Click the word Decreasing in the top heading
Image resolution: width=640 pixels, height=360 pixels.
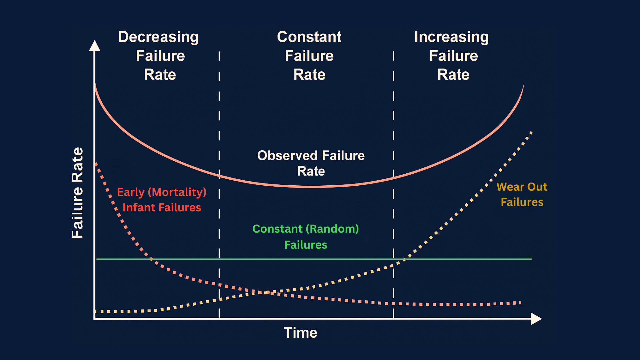158,37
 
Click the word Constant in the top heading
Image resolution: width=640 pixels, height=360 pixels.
309,37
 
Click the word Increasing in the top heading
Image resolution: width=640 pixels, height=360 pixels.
451,37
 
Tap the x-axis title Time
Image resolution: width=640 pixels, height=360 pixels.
300,333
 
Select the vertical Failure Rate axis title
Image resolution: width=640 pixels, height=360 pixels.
77,193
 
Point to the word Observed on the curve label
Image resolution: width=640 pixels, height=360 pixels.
287,156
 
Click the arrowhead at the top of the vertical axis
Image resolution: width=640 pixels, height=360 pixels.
95,46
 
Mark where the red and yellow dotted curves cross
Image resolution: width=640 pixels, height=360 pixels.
265,293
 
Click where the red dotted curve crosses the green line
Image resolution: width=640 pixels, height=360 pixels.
151,259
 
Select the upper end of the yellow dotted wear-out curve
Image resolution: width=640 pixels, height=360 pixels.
531,132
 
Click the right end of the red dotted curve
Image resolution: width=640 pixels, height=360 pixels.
520,303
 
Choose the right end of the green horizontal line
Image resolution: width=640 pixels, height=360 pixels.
531,259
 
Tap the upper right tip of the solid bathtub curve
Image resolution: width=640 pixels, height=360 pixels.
524,84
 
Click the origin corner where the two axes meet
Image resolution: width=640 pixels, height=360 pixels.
95,319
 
